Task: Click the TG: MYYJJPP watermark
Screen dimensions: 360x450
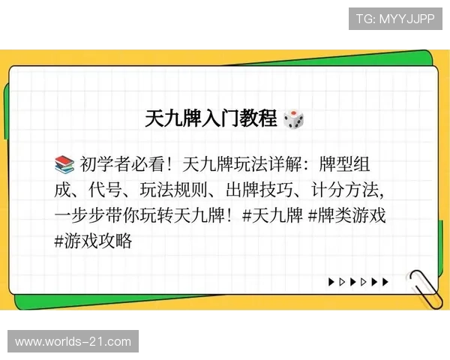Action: click(x=395, y=19)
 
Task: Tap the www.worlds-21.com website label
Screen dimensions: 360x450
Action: click(x=73, y=342)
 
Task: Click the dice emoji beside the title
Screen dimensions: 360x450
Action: click(x=293, y=118)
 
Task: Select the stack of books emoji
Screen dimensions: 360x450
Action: click(x=64, y=163)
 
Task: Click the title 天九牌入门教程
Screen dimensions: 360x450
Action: click(x=212, y=118)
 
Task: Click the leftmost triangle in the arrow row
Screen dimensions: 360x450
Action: click(x=331, y=283)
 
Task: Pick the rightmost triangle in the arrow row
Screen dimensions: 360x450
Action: click(x=385, y=283)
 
